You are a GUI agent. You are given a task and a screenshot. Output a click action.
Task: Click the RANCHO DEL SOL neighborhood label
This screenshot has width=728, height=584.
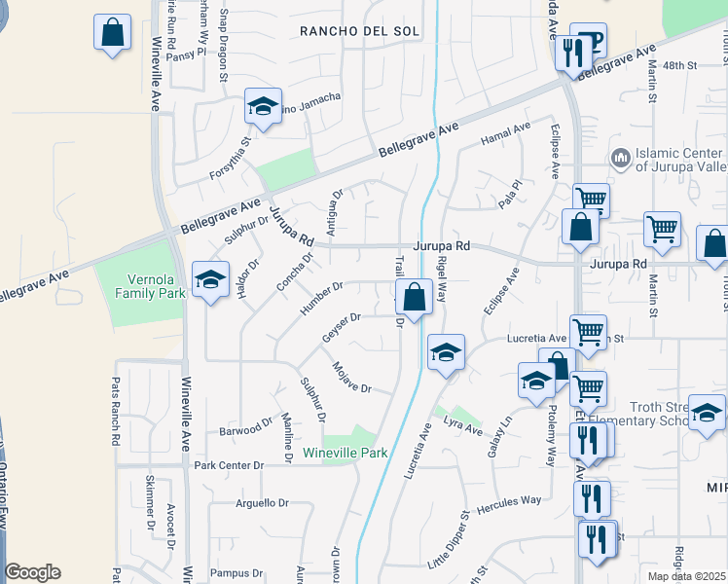pyautogui.click(x=359, y=31)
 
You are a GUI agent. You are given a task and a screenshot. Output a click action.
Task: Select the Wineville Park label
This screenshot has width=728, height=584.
pyautogui.click(x=345, y=453)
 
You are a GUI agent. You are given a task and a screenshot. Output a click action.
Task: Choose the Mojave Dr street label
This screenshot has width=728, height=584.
pyautogui.click(x=351, y=376)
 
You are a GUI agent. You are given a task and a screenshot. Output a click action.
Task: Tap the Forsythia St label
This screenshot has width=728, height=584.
pyautogui.click(x=231, y=158)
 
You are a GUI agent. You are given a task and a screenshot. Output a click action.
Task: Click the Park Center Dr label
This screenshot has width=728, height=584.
pyautogui.click(x=229, y=465)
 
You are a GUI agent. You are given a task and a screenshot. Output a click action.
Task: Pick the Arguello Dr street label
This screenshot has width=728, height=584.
pyautogui.click(x=262, y=503)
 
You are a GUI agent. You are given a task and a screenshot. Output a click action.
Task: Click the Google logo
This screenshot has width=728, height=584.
pyautogui.click(x=32, y=572)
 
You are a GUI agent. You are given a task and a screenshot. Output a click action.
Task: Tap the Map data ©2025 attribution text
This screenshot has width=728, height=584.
pyautogui.click(x=687, y=576)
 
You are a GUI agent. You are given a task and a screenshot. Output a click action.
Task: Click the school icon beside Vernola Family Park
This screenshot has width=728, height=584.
pyautogui.click(x=209, y=280)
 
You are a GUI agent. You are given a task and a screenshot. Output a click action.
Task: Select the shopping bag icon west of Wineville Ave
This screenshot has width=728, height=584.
pyautogui.click(x=113, y=32)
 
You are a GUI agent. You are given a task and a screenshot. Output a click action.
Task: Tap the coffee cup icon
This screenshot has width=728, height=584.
pyautogui.click(x=589, y=41)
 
